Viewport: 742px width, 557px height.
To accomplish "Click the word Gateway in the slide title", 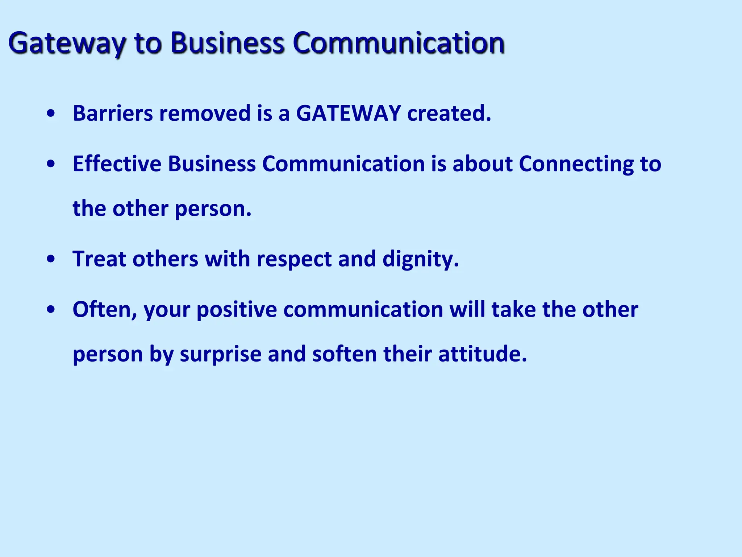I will click(x=67, y=44).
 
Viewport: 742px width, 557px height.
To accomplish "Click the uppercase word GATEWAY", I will click(x=348, y=113).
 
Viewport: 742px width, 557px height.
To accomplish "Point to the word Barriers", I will click(x=113, y=113).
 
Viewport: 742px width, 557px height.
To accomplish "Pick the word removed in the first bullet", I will click(x=205, y=113).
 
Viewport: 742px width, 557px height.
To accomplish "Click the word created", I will click(x=449, y=113).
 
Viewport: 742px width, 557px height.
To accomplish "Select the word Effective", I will click(x=117, y=164).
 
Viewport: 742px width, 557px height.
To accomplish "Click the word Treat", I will click(x=99, y=259).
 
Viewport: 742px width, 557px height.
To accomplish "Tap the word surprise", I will click(x=220, y=355).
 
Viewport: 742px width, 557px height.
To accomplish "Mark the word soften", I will click(x=345, y=354).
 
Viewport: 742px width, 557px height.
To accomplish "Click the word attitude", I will click(x=482, y=354).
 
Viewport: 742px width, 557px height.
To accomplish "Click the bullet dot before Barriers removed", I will click(x=51, y=114).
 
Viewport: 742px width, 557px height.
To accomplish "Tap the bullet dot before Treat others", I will click(x=51, y=260).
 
